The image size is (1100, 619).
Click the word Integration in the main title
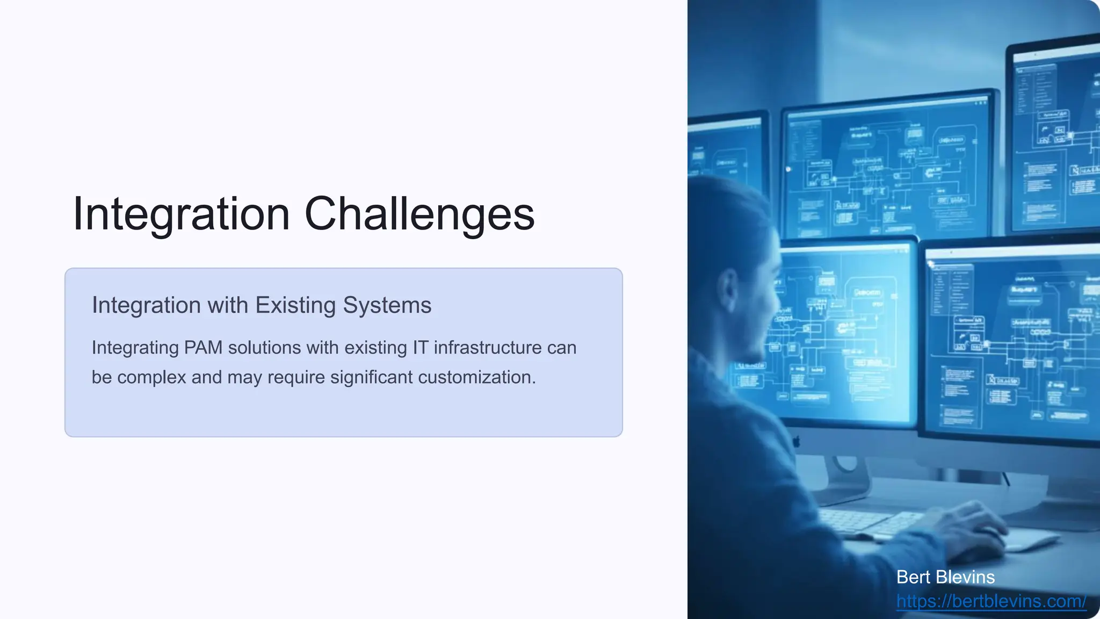point(181,214)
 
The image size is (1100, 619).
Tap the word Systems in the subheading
point(387,305)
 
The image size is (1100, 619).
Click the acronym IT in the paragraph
point(420,348)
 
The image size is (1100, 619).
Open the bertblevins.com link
point(991,601)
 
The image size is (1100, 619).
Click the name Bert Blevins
point(945,577)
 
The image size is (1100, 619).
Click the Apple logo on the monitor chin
point(797,442)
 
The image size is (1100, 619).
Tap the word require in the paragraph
point(296,377)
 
